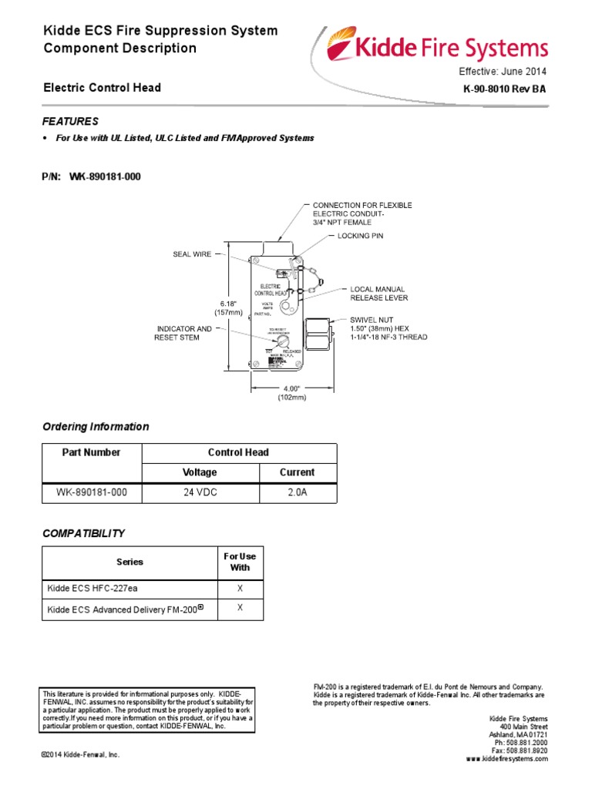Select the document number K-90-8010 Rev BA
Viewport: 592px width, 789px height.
tap(505, 90)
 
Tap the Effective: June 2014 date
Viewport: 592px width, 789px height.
tap(503, 71)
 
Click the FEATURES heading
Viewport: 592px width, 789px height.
tap(70, 121)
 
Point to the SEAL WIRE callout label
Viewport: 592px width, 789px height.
tap(192, 253)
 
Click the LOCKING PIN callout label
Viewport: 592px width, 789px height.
tap(360, 235)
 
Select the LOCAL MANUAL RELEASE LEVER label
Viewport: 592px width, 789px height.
tap(379, 293)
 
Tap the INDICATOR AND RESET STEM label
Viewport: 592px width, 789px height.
tap(183, 333)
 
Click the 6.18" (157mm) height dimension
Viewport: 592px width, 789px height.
tap(228, 307)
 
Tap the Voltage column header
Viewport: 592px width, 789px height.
tap(200, 472)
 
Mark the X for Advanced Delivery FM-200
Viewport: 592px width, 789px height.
tap(240, 609)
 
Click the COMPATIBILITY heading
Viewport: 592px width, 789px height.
tap(83, 533)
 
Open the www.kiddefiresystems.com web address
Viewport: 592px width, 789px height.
tap(506, 759)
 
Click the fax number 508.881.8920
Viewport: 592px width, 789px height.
tap(520, 750)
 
